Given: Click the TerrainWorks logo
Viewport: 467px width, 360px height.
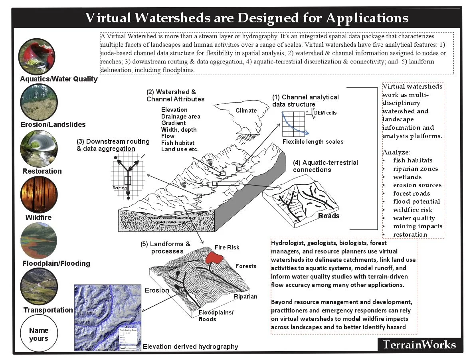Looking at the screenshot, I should click(419, 345).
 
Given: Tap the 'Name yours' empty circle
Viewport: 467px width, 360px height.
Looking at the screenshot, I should click(39, 334).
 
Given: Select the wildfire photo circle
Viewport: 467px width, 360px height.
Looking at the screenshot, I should click(39, 195).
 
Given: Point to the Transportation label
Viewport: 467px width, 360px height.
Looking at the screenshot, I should click(48, 310).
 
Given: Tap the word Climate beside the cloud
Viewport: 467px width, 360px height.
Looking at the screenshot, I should click(246, 111).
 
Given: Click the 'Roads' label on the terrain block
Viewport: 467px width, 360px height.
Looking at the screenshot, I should click(329, 216).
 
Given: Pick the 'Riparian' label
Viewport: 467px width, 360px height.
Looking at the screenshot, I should click(245, 297).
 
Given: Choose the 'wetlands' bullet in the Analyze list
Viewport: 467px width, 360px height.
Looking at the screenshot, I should click(407, 177).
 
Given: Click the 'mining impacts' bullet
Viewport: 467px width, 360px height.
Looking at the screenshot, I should click(418, 226).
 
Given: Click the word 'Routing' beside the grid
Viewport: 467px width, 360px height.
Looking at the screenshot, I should click(119, 187).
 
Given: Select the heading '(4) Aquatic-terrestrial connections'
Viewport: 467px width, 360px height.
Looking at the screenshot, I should click(325, 166).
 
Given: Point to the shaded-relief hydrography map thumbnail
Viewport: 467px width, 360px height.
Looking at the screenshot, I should click(108, 317).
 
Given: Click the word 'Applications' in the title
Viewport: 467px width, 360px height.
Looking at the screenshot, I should click(367, 18).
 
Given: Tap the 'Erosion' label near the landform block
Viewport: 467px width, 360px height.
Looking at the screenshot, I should click(157, 290).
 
